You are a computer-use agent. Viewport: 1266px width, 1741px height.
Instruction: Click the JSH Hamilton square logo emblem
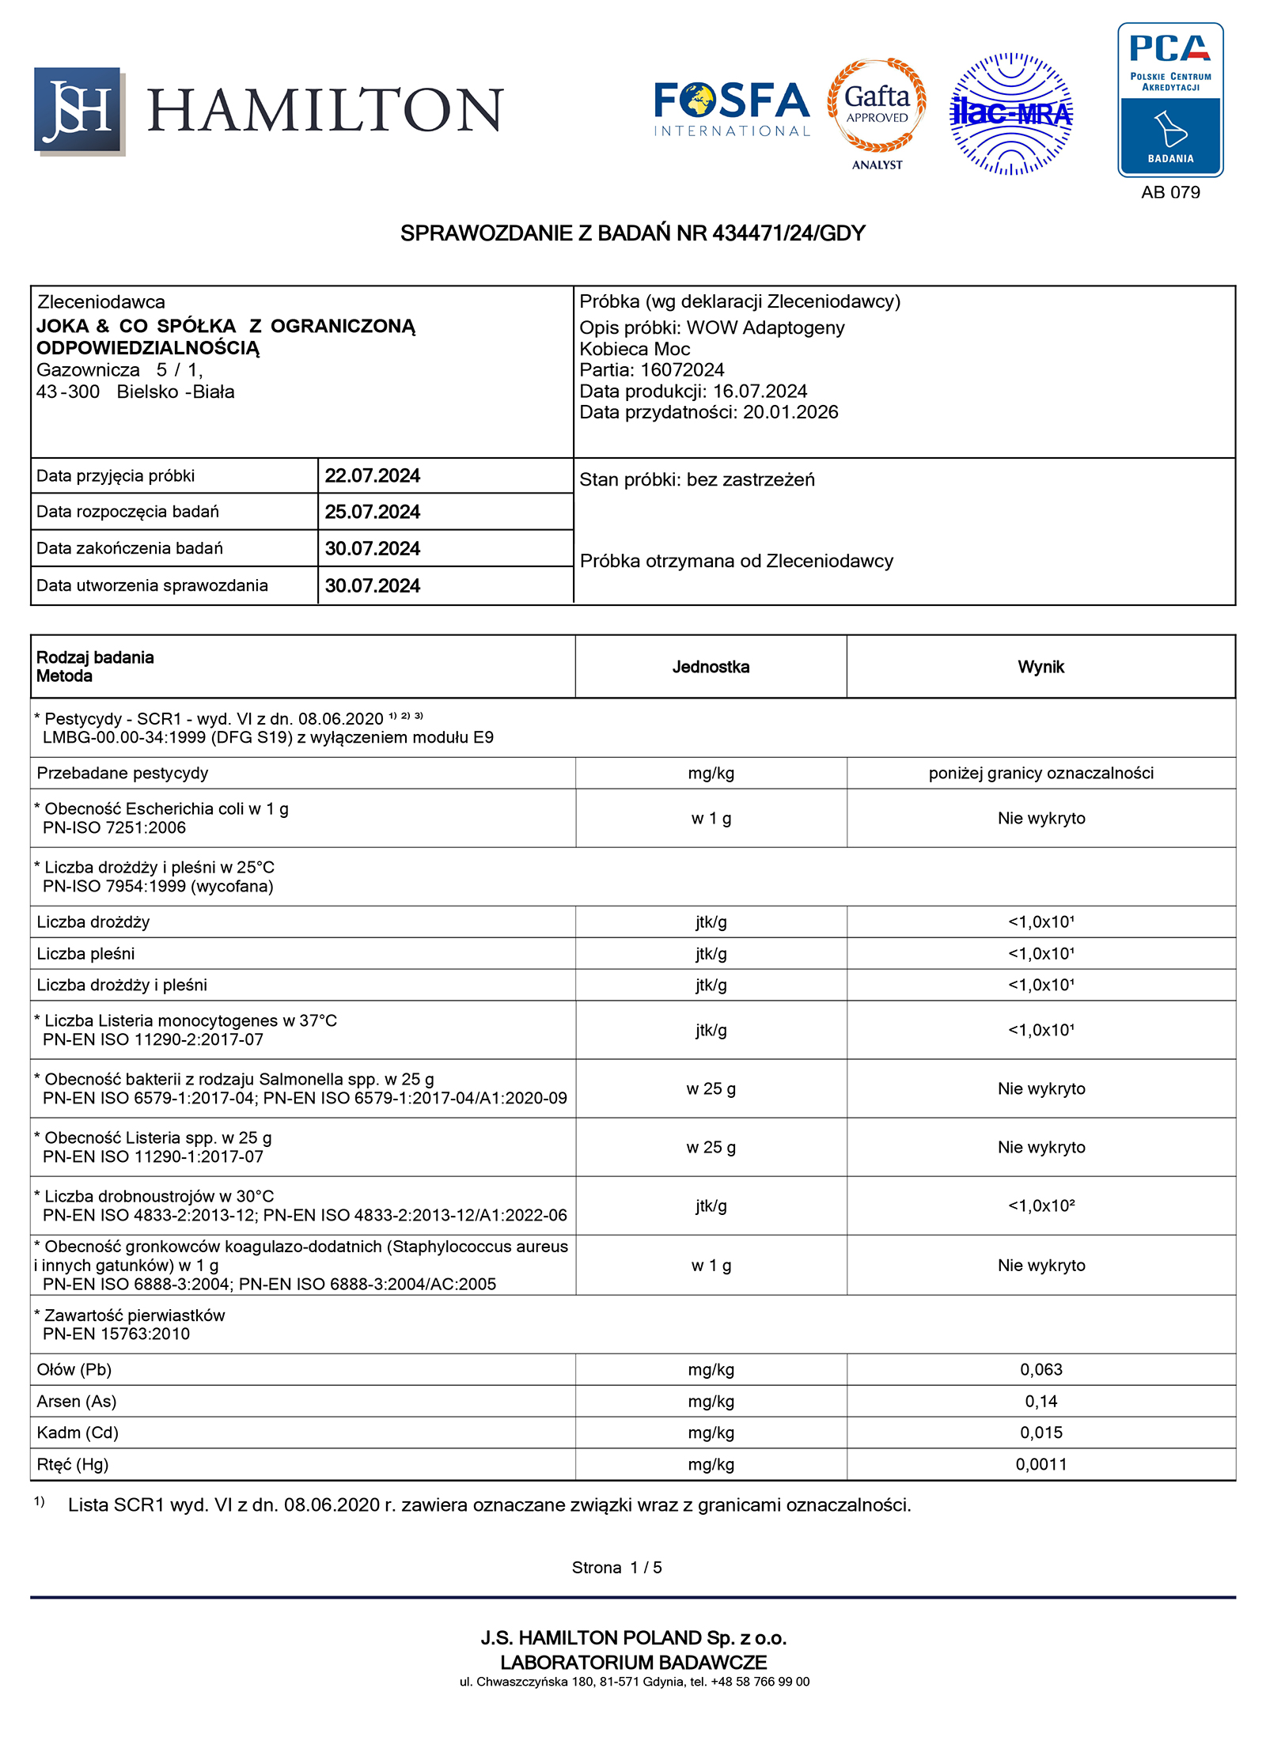78,110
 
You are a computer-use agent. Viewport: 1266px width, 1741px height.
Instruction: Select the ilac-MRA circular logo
1010,114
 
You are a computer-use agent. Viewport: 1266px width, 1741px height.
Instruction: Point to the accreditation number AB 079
1170,192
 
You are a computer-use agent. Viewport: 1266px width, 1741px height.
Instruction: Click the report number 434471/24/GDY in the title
788,233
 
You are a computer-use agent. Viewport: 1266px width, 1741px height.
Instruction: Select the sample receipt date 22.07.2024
372,475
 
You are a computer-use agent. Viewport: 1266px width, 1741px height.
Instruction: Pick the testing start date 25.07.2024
372,512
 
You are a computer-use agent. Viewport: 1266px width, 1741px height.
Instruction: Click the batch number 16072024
682,369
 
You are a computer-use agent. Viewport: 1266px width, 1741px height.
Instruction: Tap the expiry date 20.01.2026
790,412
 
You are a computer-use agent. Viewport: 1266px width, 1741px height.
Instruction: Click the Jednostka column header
711,667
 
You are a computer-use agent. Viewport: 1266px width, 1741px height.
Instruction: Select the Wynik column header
1040,667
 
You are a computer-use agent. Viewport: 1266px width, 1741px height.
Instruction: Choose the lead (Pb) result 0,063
1040,1369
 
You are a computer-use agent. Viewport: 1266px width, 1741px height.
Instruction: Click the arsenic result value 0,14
1040,1401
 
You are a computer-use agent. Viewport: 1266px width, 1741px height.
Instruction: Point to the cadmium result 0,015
1040,1433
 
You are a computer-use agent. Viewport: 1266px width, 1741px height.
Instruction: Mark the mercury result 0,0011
1040,1464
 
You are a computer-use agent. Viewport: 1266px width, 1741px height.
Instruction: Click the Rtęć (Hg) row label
73,1464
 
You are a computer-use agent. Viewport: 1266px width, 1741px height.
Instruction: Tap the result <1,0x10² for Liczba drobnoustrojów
1040,1205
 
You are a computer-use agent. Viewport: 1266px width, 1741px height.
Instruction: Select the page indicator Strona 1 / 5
616,1567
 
